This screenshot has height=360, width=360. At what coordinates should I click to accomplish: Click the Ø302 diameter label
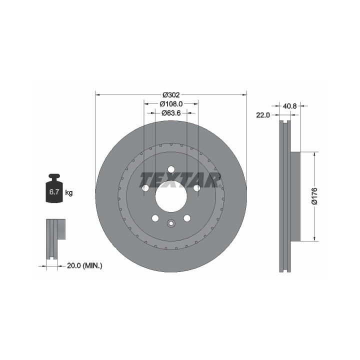pyautogui.click(x=171, y=94)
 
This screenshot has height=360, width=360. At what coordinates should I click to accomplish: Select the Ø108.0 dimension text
pyautogui.click(x=171, y=104)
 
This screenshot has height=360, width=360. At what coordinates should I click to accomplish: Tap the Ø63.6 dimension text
pyautogui.click(x=171, y=113)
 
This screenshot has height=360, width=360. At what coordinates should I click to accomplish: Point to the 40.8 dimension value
pyautogui.click(x=289, y=106)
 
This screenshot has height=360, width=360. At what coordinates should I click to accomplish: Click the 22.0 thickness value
pyautogui.click(x=263, y=115)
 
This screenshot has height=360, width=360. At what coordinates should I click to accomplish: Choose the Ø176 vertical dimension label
pyautogui.click(x=314, y=196)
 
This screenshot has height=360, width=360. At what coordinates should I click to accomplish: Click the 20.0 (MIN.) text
pyautogui.click(x=84, y=266)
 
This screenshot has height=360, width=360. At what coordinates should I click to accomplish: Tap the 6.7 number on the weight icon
pyautogui.click(x=54, y=191)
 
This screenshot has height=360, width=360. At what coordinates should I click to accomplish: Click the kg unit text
pyautogui.click(x=69, y=192)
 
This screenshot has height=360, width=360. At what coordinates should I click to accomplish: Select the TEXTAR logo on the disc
pyautogui.click(x=180, y=180)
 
